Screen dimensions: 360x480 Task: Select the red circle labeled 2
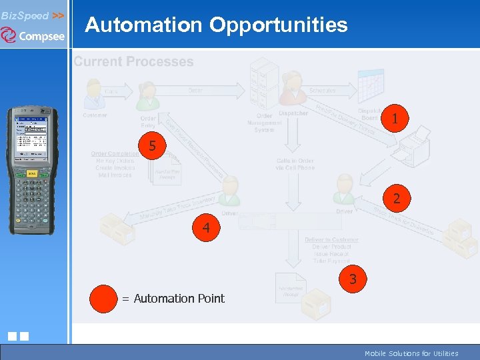[x=397, y=199]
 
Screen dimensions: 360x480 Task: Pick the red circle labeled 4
[x=207, y=228]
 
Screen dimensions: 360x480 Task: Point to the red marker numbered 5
[x=153, y=145]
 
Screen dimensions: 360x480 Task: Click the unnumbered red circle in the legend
[x=104, y=298]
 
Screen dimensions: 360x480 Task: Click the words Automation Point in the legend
[x=179, y=299]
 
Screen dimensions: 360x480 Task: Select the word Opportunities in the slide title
[x=278, y=25]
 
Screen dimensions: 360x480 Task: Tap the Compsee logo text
[x=41, y=37]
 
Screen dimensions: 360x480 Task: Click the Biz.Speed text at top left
[x=25, y=15]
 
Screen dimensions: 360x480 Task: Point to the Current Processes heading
[x=133, y=62]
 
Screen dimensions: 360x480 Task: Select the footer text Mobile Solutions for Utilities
[x=411, y=353]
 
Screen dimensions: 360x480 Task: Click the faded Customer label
[x=95, y=115]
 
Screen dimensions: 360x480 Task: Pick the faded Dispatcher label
[x=293, y=113]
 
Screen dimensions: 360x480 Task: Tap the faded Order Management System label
[x=264, y=123]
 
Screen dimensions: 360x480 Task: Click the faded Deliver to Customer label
[x=331, y=240]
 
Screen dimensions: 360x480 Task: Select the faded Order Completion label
[x=115, y=154]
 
